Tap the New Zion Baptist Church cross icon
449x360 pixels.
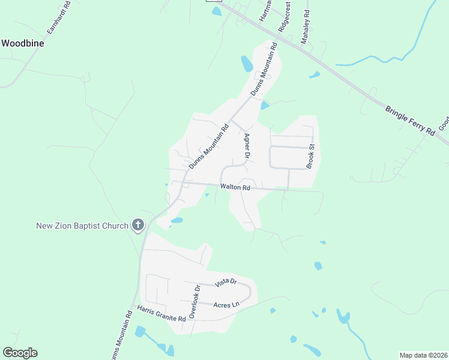138,226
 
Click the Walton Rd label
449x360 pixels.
235,187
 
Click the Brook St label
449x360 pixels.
311,155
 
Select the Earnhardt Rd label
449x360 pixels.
59,17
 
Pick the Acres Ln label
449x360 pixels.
227,304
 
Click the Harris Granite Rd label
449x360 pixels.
161,313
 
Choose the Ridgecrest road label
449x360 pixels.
285,17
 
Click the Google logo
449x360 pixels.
20,353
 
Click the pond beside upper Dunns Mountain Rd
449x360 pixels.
247,63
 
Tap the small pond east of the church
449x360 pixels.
176,221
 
